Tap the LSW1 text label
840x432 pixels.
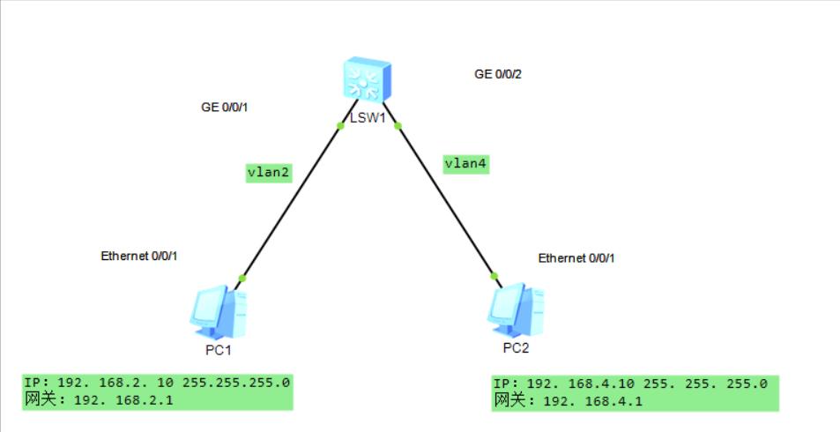[368, 117]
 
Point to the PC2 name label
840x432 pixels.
[516, 347]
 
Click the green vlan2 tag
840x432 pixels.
[268, 173]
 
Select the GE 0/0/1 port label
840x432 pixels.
[226, 108]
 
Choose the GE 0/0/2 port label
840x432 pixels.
[498, 74]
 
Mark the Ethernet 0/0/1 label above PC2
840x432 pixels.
[576, 258]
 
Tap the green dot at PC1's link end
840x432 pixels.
[242, 279]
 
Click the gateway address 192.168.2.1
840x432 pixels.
[123, 400]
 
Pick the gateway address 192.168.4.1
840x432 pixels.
[591, 401]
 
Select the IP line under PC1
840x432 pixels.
[157, 384]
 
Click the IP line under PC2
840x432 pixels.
[629, 384]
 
